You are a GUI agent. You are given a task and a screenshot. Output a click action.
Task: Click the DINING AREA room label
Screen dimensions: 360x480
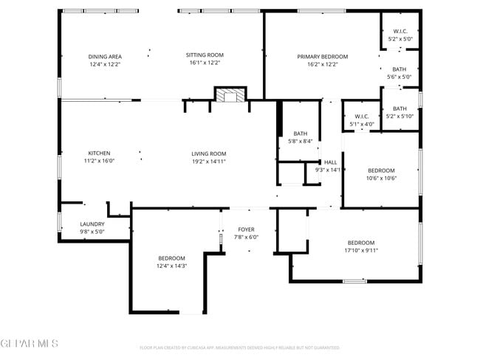(x=105, y=56)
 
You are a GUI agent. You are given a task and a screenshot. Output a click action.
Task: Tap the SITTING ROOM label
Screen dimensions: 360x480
(x=205, y=55)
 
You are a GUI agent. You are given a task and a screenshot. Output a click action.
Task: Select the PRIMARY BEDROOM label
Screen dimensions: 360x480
(x=323, y=56)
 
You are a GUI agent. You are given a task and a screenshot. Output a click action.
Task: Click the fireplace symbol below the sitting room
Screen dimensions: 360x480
(x=230, y=95)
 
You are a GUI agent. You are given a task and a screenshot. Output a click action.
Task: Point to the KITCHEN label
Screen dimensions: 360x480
(x=99, y=153)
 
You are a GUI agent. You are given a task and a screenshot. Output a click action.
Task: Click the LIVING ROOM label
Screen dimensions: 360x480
(x=209, y=153)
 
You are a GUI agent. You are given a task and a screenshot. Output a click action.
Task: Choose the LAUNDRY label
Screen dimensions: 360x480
(x=92, y=224)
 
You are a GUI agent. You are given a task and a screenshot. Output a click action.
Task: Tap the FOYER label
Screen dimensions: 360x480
(x=247, y=229)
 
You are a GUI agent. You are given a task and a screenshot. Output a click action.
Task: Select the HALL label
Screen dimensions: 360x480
(x=330, y=162)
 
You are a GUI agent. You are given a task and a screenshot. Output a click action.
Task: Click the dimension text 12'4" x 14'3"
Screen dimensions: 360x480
(x=172, y=266)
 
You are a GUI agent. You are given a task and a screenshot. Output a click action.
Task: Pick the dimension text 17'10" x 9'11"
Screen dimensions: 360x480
(x=361, y=250)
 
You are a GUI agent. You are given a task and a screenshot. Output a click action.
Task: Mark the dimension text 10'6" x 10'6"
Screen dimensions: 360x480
(x=382, y=178)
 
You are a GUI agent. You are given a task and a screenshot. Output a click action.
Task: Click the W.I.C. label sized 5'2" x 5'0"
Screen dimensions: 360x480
(x=400, y=31)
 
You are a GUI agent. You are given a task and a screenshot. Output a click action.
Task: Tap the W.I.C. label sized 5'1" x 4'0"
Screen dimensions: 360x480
(x=362, y=116)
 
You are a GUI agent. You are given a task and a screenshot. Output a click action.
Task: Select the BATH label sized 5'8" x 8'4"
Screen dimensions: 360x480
(x=300, y=133)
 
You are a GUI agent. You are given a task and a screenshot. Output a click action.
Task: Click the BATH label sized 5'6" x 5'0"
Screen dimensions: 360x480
(x=400, y=69)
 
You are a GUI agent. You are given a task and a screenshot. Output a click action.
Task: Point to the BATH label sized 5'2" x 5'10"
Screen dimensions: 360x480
(x=400, y=108)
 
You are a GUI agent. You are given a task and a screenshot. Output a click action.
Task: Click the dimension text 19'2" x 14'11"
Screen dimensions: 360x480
(x=209, y=161)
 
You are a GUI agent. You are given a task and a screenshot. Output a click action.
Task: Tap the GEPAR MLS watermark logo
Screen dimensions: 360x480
(x=30, y=343)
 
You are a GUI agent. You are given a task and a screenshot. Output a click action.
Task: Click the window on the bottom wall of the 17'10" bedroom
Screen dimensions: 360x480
(x=354, y=281)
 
